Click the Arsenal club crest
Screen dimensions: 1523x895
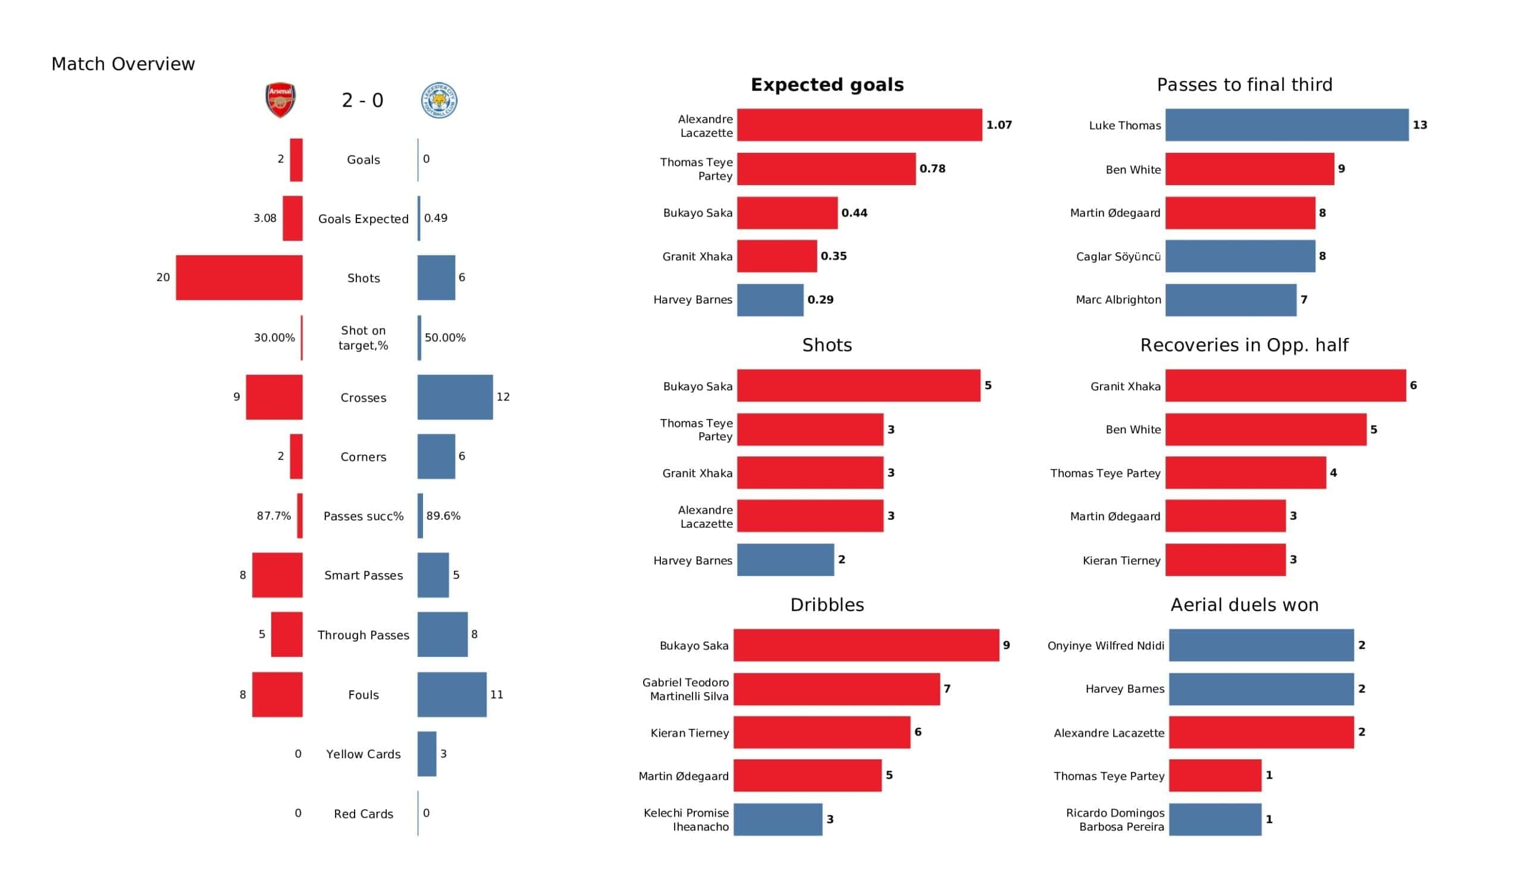point(280,100)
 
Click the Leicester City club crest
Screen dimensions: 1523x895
point(439,100)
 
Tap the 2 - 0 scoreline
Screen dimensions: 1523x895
point(363,101)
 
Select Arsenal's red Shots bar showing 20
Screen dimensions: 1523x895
point(239,277)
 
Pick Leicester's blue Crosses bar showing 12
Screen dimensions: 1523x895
point(455,398)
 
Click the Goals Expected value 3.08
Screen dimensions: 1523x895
point(265,218)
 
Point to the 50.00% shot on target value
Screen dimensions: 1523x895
point(446,337)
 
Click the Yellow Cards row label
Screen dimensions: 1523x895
point(363,754)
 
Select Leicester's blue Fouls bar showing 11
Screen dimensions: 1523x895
point(452,695)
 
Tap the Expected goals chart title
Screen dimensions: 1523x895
point(828,85)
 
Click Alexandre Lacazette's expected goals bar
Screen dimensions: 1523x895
point(860,125)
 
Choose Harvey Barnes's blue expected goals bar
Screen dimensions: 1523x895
point(770,300)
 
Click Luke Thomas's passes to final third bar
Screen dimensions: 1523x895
point(1287,125)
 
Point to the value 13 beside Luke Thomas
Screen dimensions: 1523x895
point(1419,125)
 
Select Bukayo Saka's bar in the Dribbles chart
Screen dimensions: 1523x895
point(867,645)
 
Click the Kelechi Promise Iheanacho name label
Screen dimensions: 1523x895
point(686,820)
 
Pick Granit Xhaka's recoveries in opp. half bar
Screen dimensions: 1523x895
point(1286,386)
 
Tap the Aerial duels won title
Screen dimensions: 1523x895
point(1245,605)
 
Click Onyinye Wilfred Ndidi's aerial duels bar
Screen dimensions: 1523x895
point(1261,645)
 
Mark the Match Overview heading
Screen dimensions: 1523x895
point(123,64)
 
